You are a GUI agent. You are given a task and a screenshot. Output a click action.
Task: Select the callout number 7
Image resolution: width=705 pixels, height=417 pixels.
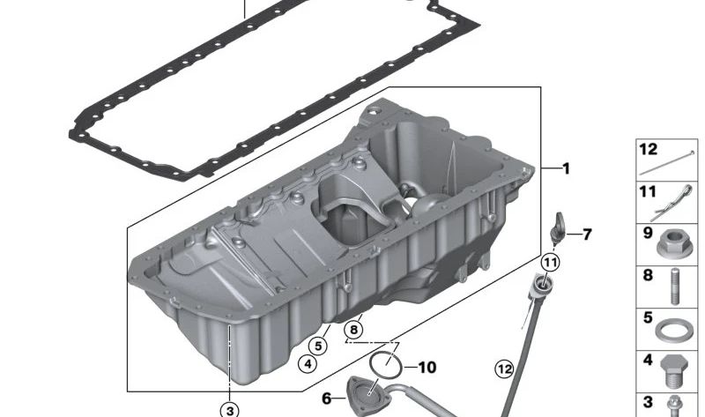tap(587, 235)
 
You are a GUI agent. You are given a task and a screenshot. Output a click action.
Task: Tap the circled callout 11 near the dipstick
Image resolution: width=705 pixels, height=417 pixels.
tap(550, 262)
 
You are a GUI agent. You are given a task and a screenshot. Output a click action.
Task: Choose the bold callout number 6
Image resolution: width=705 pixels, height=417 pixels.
tap(327, 399)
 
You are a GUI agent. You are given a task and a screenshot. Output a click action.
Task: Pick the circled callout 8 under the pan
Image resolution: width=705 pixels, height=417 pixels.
tap(353, 331)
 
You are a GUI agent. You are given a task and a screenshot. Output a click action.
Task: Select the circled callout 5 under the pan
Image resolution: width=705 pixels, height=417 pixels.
tap(318, 346)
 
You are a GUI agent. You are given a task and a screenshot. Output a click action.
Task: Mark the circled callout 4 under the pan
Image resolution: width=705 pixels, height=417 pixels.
tap(307, 362)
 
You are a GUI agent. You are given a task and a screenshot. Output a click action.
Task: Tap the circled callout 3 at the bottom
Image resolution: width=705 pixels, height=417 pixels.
tap(229, 409)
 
